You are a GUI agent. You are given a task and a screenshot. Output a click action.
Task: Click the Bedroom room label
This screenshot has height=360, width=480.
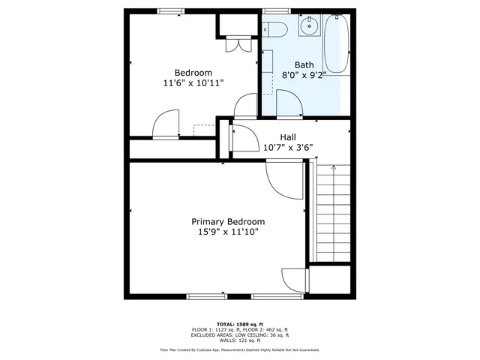point(193,73)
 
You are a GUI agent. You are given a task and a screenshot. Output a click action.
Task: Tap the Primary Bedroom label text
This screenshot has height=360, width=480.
point(228,222)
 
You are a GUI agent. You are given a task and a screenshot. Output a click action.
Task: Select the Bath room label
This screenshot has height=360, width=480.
point(304,64)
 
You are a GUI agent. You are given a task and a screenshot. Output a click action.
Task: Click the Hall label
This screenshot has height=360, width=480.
point(288,137)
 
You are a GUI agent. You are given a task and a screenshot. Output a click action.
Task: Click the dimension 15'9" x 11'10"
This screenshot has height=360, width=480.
point(228,232)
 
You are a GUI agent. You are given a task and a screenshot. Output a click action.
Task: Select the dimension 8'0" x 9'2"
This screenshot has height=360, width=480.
point(304,75)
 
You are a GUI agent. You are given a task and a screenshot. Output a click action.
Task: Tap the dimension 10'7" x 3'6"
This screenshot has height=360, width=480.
point(288,148)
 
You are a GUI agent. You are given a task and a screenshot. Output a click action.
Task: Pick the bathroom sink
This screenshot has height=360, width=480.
point(307,27)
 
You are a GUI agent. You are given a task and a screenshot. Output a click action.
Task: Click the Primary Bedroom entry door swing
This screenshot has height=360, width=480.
point(280,180)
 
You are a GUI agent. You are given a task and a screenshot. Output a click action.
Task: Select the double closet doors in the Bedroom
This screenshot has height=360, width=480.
point(238,45)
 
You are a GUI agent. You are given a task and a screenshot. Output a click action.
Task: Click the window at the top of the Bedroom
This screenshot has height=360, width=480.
point(170,10)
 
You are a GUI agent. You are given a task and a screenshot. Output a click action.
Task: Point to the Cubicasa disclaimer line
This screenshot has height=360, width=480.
point(239,349)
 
